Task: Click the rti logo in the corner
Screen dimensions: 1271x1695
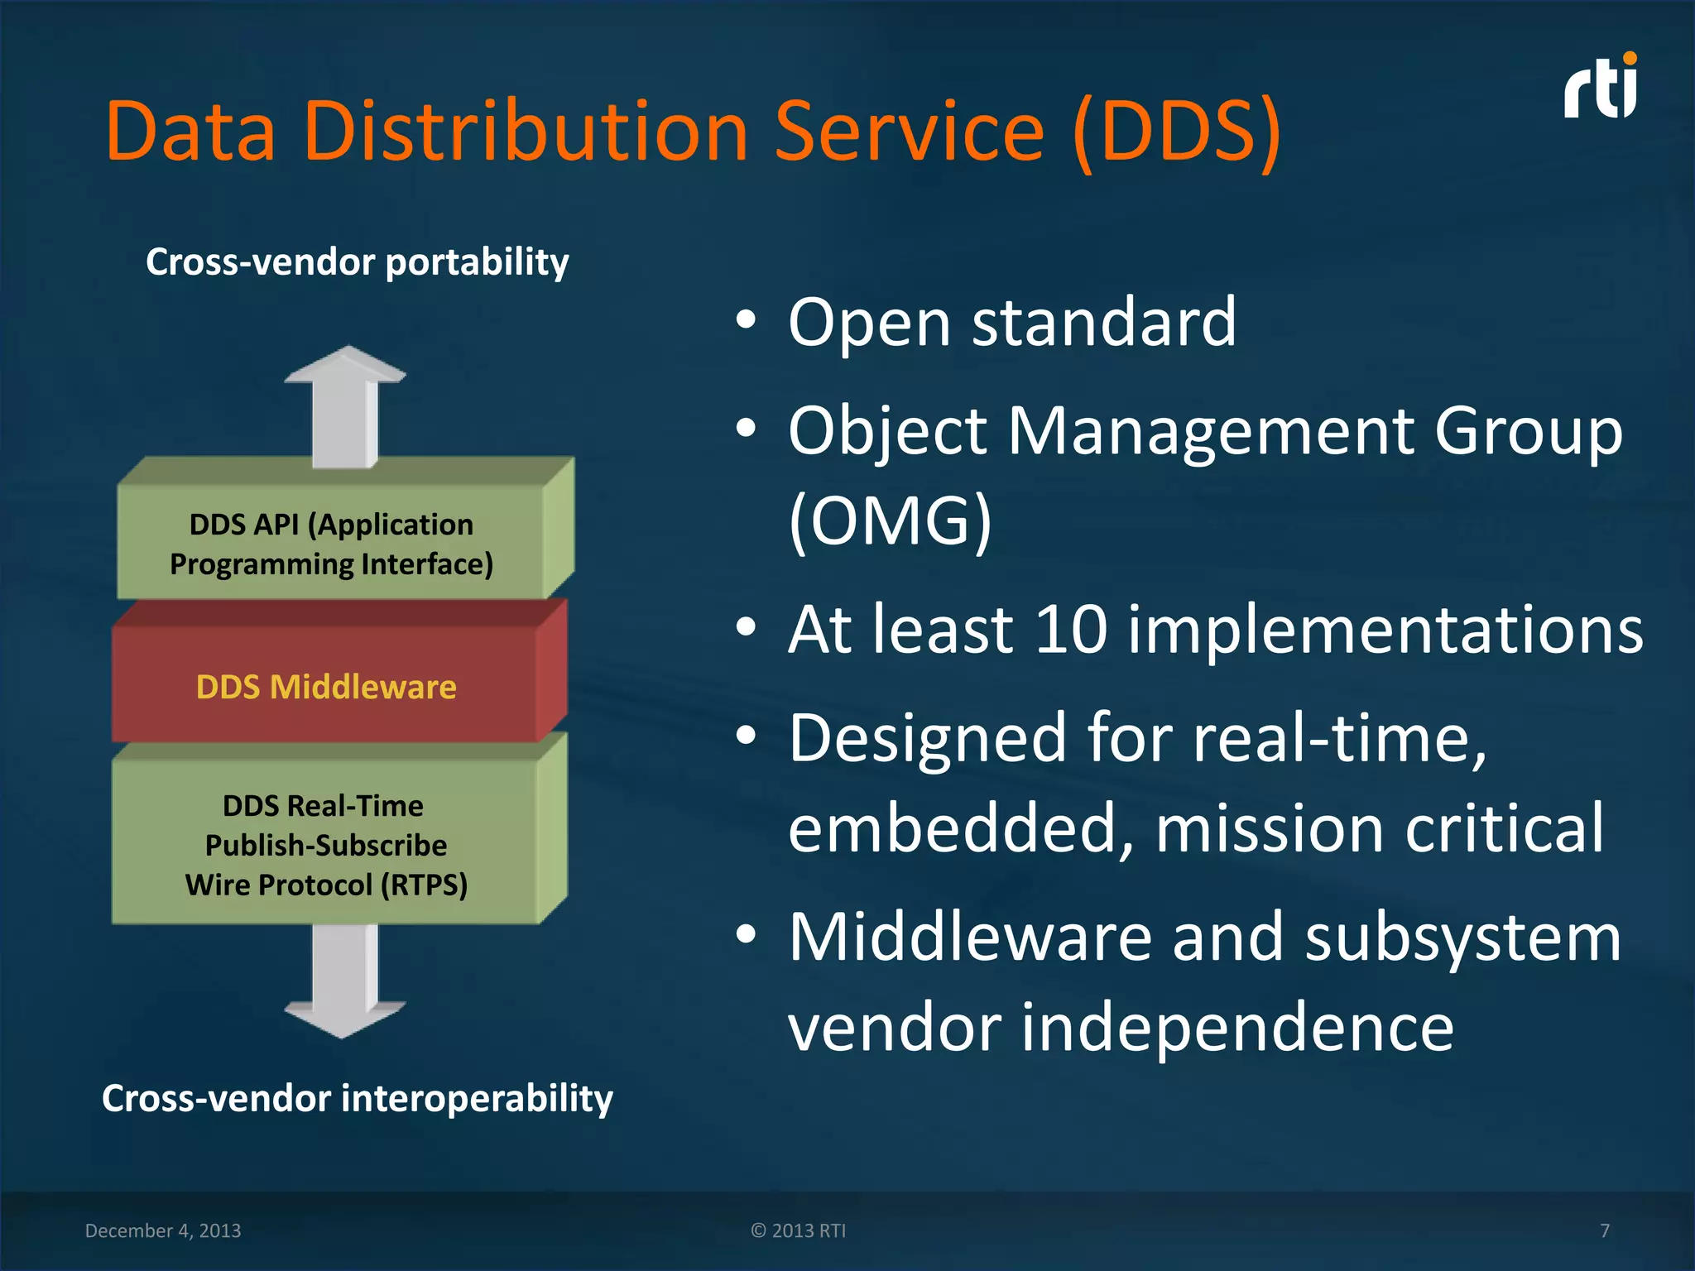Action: click(1601, 88)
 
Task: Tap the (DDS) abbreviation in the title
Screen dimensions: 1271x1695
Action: click(1176, 132)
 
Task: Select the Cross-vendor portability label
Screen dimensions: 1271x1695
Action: click(358, 262)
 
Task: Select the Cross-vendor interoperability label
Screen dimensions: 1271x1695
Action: click(358, 1099)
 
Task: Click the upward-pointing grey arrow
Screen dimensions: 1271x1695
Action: click(345, 405)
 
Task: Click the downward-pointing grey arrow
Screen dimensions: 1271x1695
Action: click(345, 981)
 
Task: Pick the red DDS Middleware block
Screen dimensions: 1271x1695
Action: click(326, 687)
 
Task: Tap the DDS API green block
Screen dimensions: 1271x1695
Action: click(331, 544)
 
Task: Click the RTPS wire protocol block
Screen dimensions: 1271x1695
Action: click(326, 845)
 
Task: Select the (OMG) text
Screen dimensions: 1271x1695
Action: click(890, 521)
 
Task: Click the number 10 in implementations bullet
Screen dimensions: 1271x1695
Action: click(1071, 629)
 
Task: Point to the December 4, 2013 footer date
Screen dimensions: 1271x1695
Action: click(163, 1230)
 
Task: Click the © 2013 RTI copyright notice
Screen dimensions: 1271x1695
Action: click(799, 1230)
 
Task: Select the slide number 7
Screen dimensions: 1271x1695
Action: click(1605, 1230)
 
